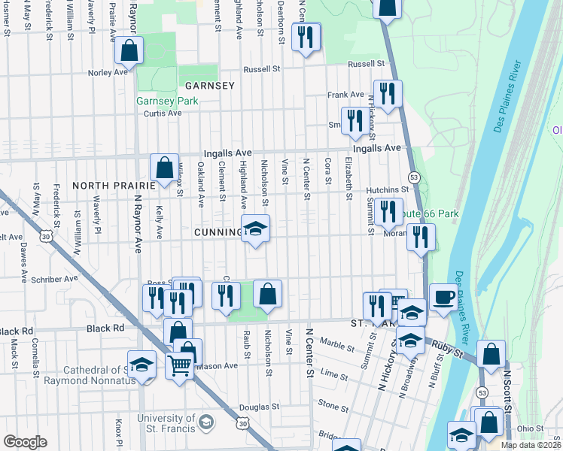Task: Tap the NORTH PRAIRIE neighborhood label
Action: [106, 185]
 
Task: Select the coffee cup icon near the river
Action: [443, 297]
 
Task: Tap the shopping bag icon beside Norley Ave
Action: [129, 51]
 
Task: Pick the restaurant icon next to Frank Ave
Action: [388, 93]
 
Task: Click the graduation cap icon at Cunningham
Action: [255, 229]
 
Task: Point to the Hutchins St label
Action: [387, 190]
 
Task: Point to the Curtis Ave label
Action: [163, 114]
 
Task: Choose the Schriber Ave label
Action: [54, 279]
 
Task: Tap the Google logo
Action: [25, 442]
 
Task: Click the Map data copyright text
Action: [530, 445]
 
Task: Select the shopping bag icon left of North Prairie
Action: [164, 168]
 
